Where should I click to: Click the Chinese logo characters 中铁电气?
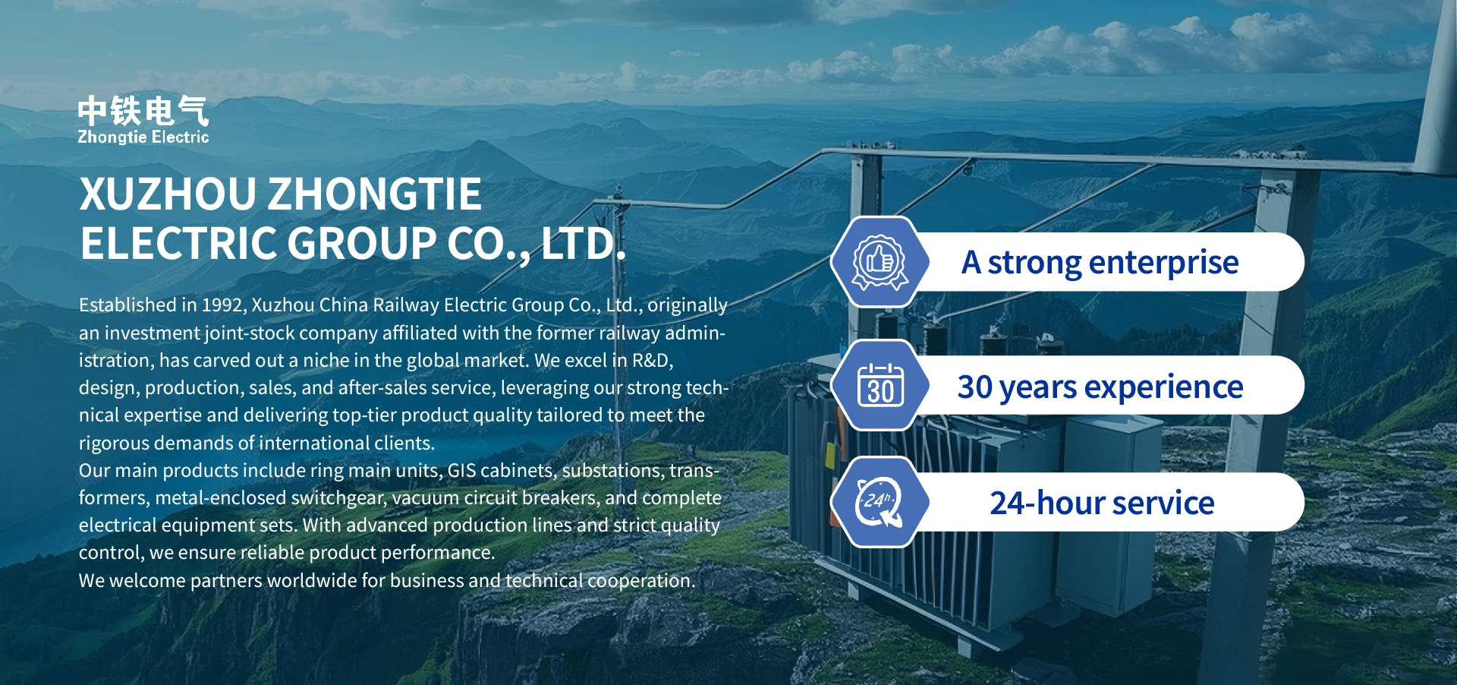[143, 111]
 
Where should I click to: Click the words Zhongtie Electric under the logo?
[143, 137]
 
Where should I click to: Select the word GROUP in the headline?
[361, 243]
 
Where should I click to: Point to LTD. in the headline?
[584, 243]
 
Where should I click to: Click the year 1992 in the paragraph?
[222, 305]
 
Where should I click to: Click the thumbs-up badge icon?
[880, 262]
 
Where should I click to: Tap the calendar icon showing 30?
[880, 385]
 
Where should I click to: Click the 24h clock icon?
[880, 502]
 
